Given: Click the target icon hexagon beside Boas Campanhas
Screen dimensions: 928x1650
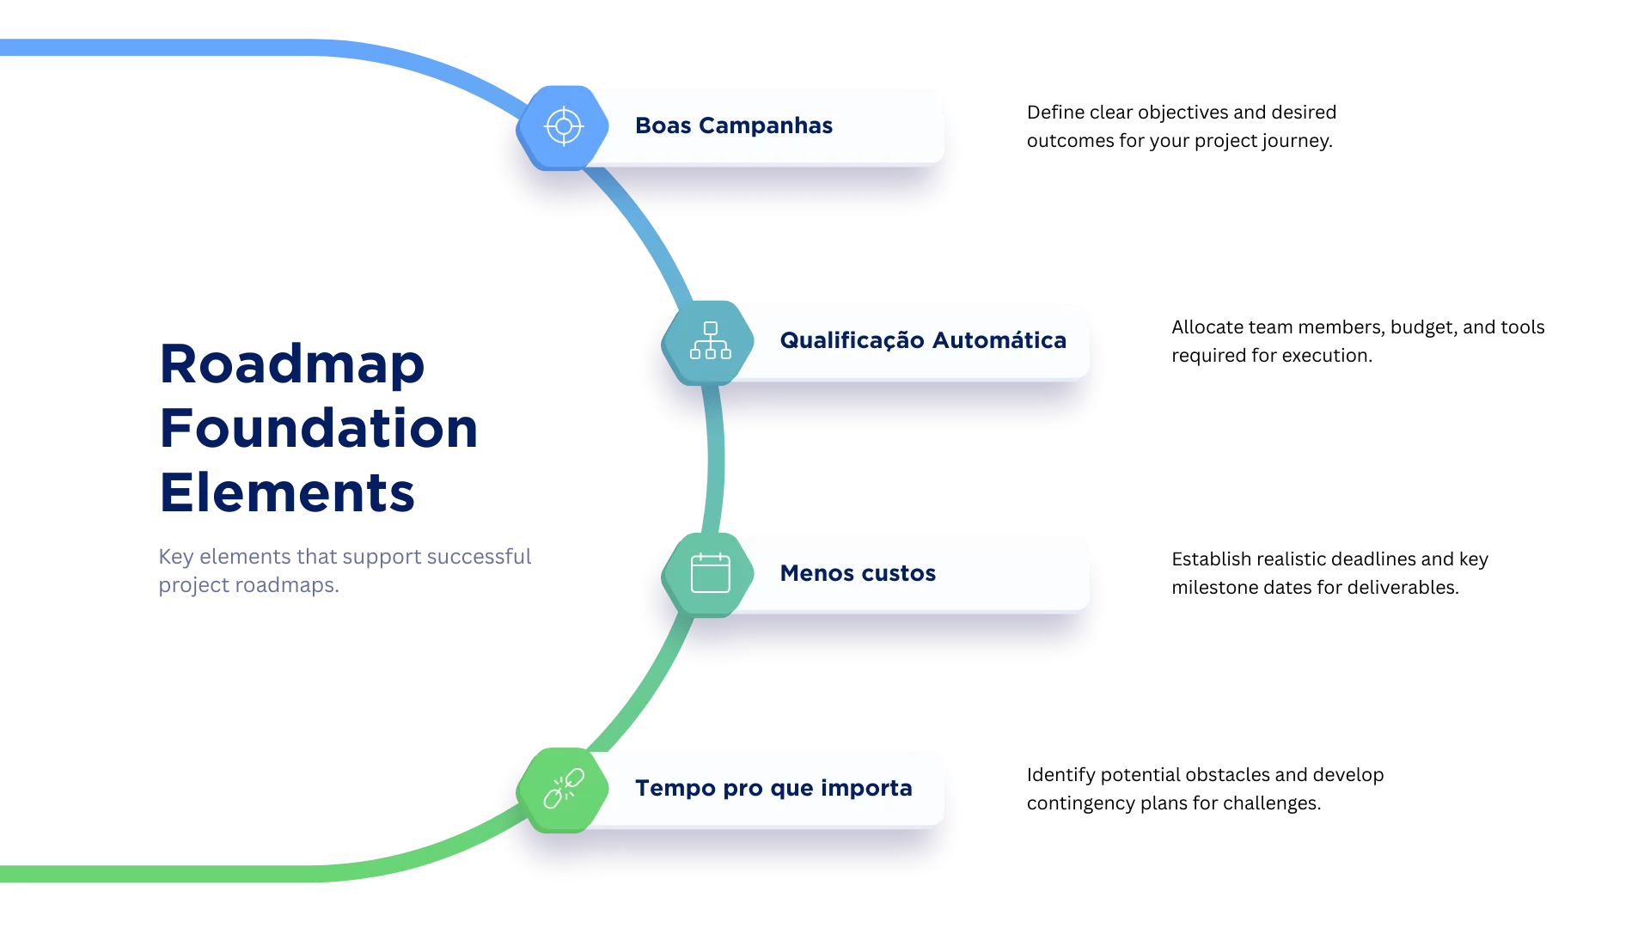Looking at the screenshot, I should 563,127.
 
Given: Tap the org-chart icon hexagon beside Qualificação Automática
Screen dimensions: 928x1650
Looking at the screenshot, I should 710,341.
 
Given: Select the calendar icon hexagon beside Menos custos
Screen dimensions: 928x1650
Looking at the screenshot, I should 710,573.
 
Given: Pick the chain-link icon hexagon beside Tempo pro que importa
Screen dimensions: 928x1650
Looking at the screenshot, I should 563,788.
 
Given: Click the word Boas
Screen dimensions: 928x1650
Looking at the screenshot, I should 663,125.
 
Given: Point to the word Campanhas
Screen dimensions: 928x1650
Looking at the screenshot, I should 765,125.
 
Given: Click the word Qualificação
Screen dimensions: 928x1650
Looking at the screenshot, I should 852,341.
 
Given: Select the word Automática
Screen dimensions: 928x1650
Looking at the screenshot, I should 999,340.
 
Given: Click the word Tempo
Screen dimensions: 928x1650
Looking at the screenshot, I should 675,788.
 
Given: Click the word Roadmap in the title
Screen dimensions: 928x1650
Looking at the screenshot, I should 291,365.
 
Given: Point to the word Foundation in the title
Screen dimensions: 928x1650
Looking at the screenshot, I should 318,427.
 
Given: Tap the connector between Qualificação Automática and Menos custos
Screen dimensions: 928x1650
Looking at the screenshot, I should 714,460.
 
